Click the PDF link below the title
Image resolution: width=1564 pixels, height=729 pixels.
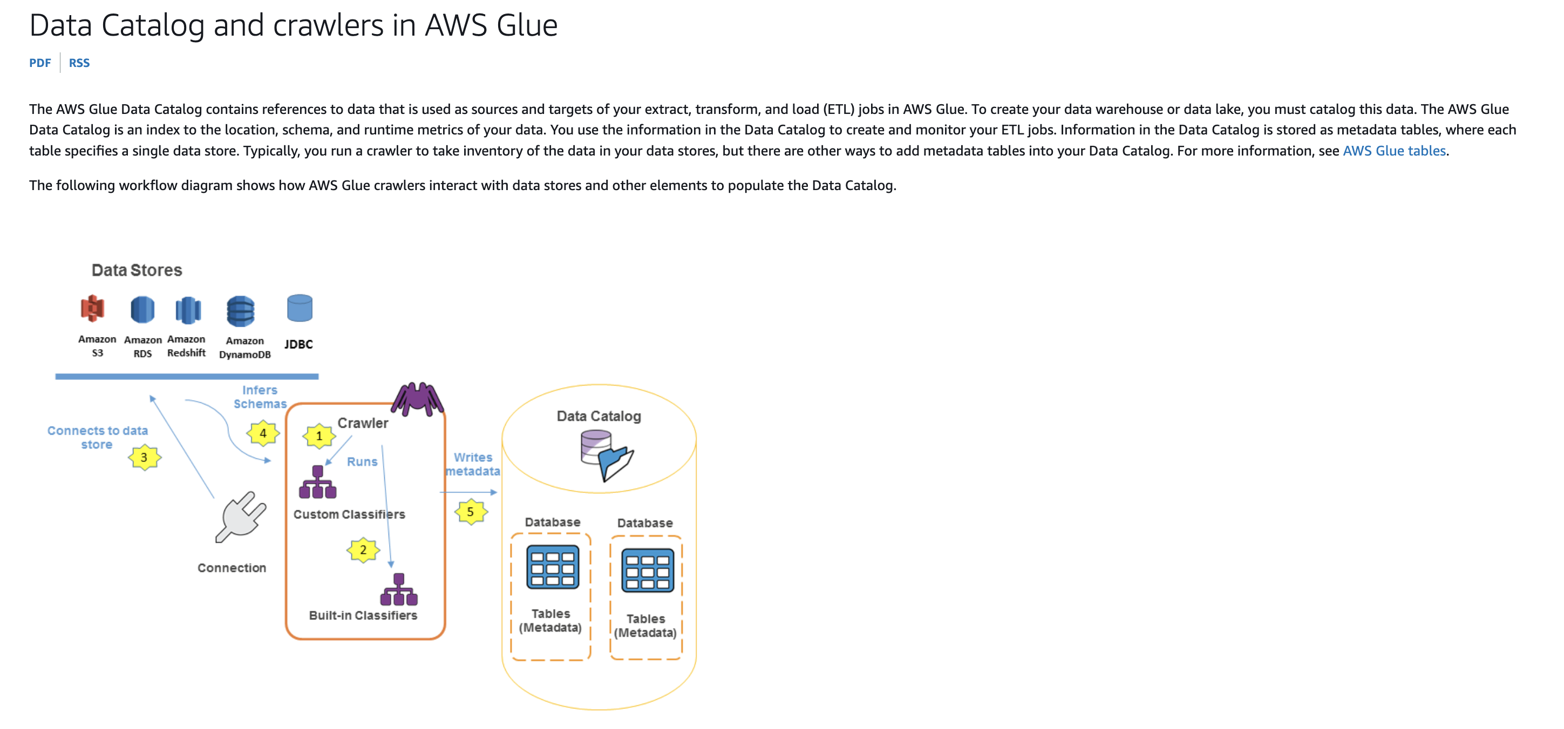pos(40,63)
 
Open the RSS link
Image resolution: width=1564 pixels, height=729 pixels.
pos(79,63)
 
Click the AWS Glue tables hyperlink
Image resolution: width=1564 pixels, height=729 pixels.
pos(1394,151)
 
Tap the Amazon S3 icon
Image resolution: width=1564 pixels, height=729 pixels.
pos(92,309)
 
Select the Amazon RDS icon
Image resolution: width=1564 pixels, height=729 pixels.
pos(142,310)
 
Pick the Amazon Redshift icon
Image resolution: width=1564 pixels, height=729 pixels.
pos(188,310)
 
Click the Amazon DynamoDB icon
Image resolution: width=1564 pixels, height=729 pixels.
pos(241,311)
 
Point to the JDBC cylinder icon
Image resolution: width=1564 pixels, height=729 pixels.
pos(300,308)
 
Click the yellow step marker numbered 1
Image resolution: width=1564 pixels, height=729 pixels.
pos(319,436)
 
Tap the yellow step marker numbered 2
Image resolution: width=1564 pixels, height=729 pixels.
pos(363,550)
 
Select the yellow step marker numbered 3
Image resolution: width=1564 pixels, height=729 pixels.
pos(145,457)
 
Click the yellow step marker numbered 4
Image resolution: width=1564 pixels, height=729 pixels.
pos(263,434)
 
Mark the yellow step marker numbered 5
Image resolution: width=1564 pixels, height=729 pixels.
pos(471,512)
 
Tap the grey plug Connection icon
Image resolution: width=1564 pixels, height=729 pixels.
pos(241,516)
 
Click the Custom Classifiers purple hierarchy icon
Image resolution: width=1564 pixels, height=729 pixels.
pos(317,482)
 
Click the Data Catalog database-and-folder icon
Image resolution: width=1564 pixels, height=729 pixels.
pos(606,456)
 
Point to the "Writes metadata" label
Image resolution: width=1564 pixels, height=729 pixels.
pos(473,464)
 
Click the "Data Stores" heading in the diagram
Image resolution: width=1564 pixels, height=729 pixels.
pos(137,271)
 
